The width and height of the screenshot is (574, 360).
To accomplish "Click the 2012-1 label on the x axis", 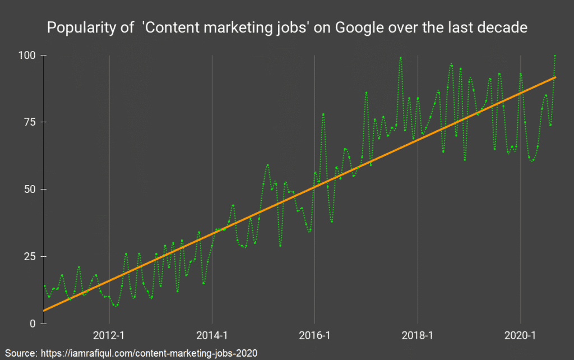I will [x=109, y=336].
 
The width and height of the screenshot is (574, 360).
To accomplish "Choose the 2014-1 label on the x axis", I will [x=212, y=336].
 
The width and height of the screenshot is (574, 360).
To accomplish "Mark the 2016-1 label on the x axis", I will [x=315, y=336].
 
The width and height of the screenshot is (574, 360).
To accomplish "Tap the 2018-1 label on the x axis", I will [x=418, y=336].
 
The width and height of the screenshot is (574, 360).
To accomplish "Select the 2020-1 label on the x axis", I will [x=521, y=336].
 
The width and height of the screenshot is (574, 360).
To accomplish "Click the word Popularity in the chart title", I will [x=79, y=27].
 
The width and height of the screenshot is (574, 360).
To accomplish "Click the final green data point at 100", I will [x=555, y=56].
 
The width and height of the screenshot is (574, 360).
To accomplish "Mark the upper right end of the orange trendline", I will [x=555, y=77].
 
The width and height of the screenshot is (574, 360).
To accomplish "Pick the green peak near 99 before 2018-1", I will [x=401, y=57].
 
